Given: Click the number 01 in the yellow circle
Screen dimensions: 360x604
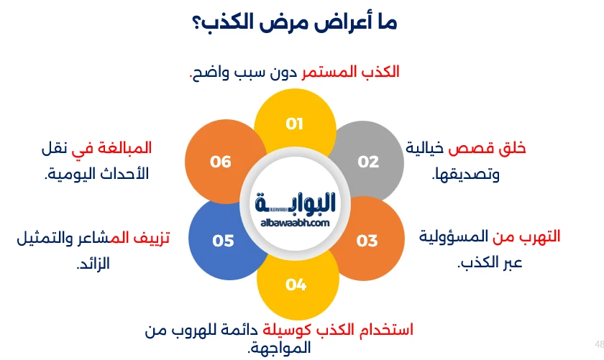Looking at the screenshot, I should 295,123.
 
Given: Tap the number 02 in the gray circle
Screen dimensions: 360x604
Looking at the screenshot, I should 368,162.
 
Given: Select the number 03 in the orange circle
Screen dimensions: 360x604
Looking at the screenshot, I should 367,241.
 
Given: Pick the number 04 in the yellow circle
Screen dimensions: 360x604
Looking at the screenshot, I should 296,285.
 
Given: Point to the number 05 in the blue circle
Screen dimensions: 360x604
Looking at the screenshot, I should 223,241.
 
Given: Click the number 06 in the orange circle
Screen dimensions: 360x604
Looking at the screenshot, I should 221,162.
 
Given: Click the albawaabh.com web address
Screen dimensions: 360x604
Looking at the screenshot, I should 295,223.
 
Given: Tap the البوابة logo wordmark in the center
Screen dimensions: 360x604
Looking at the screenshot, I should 296,203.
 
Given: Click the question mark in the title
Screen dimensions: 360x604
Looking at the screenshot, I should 197,22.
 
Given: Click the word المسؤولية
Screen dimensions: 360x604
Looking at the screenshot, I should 451,236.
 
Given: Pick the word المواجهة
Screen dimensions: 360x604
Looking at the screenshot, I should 281,349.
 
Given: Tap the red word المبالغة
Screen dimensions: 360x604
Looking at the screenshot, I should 126,148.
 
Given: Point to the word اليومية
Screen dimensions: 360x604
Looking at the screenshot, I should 74,173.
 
